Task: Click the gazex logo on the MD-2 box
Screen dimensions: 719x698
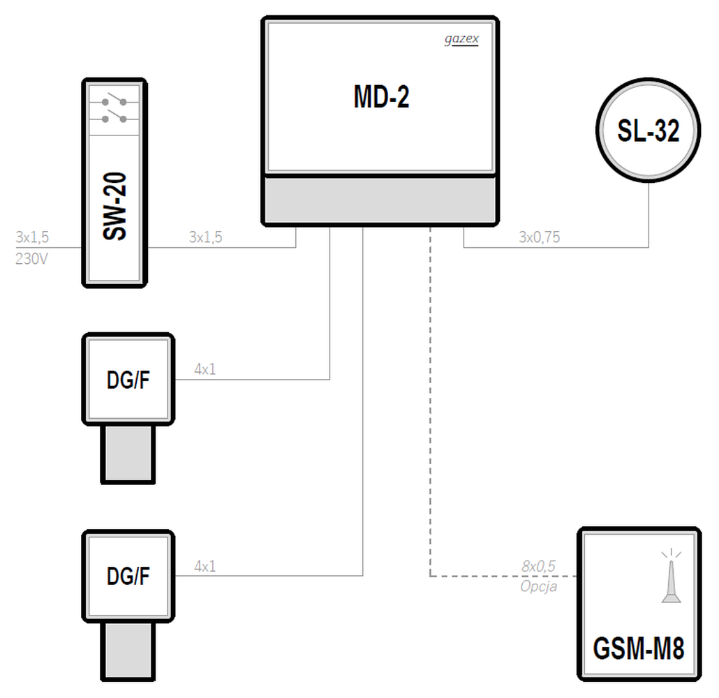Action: (461, 40)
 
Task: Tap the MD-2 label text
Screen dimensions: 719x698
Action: (381, 97)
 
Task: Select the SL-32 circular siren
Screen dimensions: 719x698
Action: (648, 131)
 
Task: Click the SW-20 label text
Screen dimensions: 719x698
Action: (114, 206)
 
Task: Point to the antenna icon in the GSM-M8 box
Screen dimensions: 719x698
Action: (672, 576)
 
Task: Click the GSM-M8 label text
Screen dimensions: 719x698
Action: (639, 648)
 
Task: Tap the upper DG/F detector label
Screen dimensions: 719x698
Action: (128, 380)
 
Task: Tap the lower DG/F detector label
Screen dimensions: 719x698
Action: (128, 576)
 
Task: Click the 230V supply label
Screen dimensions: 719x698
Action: (31, 259)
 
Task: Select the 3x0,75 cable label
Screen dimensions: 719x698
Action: (539, 237)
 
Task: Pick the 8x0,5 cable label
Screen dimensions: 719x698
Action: (538, 566)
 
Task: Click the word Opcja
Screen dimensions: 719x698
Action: (539, 586)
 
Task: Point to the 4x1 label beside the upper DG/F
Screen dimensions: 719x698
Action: (205, 369)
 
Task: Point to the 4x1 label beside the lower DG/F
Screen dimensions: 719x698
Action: (205, 566)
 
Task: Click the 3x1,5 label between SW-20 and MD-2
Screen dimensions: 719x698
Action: (205, 237)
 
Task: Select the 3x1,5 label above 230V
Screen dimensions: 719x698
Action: (32, 237)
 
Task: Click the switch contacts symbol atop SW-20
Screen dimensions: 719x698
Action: (114, 110)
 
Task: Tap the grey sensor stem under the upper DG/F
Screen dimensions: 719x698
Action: (128, 454)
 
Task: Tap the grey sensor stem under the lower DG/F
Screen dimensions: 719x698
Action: (128, 651)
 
